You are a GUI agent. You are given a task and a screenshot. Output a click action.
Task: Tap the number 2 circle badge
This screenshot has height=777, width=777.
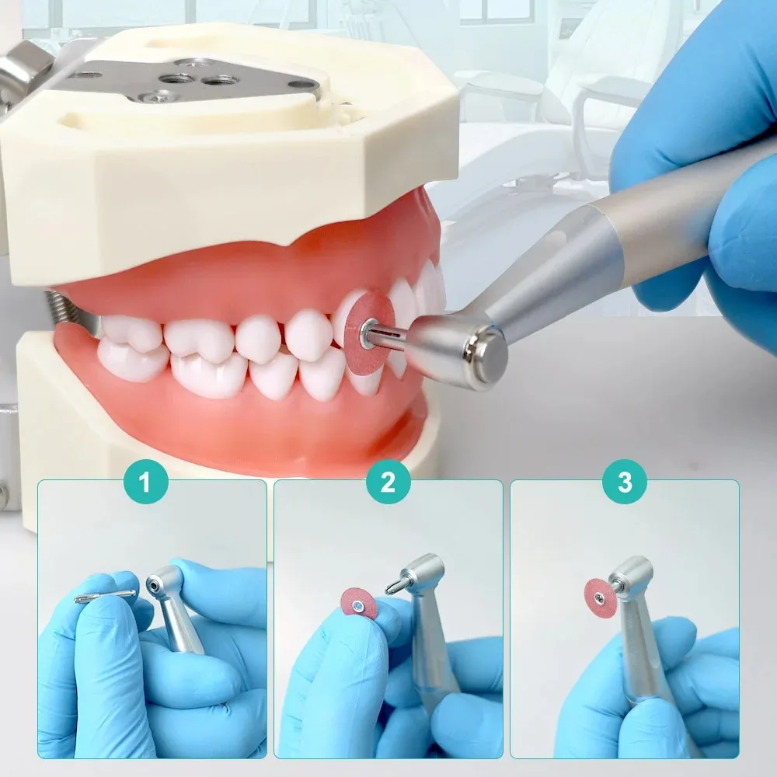[388, 481]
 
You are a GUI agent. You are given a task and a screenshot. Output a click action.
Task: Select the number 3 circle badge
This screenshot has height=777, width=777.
[625, 481]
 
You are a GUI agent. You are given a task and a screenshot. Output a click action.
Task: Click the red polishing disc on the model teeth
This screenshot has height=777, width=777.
[368, 332]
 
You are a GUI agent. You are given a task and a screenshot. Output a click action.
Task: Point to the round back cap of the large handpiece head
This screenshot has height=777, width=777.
[489, 356]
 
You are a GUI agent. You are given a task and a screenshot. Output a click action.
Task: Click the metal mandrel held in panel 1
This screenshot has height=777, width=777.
[105, 596]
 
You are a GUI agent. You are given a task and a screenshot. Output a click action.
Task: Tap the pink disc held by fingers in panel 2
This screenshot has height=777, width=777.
[360, 604]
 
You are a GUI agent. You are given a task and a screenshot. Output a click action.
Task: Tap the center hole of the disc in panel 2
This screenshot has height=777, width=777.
[357, 605]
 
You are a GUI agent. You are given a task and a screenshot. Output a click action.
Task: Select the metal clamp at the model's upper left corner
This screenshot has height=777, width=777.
[25, 64]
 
